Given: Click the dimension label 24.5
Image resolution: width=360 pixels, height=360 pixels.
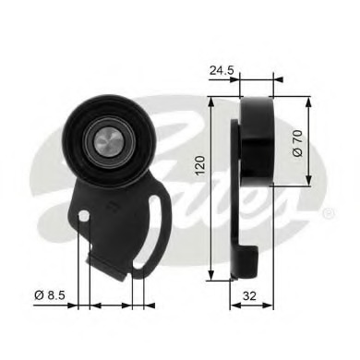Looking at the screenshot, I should (x=221, y=68).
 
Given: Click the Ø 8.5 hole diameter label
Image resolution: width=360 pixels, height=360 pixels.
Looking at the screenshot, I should (x=48, y=296).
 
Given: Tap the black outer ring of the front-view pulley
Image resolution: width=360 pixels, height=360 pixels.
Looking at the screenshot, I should (x=74, y=138).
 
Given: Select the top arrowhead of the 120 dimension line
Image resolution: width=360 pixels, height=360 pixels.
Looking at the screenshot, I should (x=213, y=96).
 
